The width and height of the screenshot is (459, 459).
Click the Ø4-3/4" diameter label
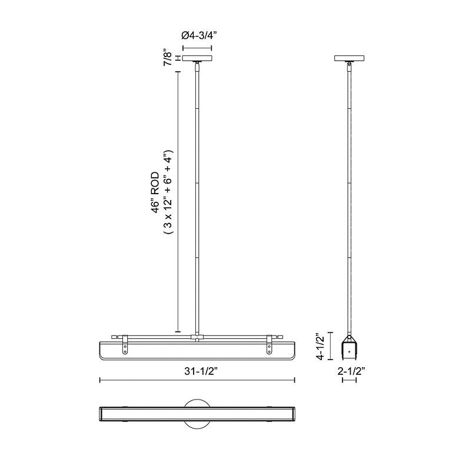click(x=199, y=35)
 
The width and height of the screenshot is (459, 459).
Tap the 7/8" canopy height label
click(x=169, y=58)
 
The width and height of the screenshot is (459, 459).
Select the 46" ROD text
click(x=155, y=192)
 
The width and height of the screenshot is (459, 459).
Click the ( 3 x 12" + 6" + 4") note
click(x=169, y=192)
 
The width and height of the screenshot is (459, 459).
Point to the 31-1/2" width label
click(x=201, y=371)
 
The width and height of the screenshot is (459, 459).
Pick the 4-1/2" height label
click(x=321, y=346)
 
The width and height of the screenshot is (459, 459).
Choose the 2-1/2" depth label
click(x=351, y=371)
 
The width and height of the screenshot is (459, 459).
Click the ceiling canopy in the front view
click(x=197, y=58)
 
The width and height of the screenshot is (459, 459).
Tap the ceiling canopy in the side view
click(x=349, y=58)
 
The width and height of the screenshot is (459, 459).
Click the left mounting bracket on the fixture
click(x=125, y=344)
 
